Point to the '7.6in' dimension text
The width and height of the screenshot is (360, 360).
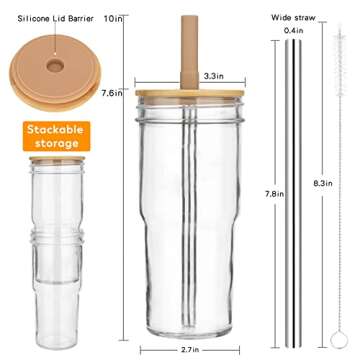(113, 93)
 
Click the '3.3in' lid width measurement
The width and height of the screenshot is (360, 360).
(212, 75)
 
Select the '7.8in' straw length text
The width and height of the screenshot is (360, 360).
(272, 192)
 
